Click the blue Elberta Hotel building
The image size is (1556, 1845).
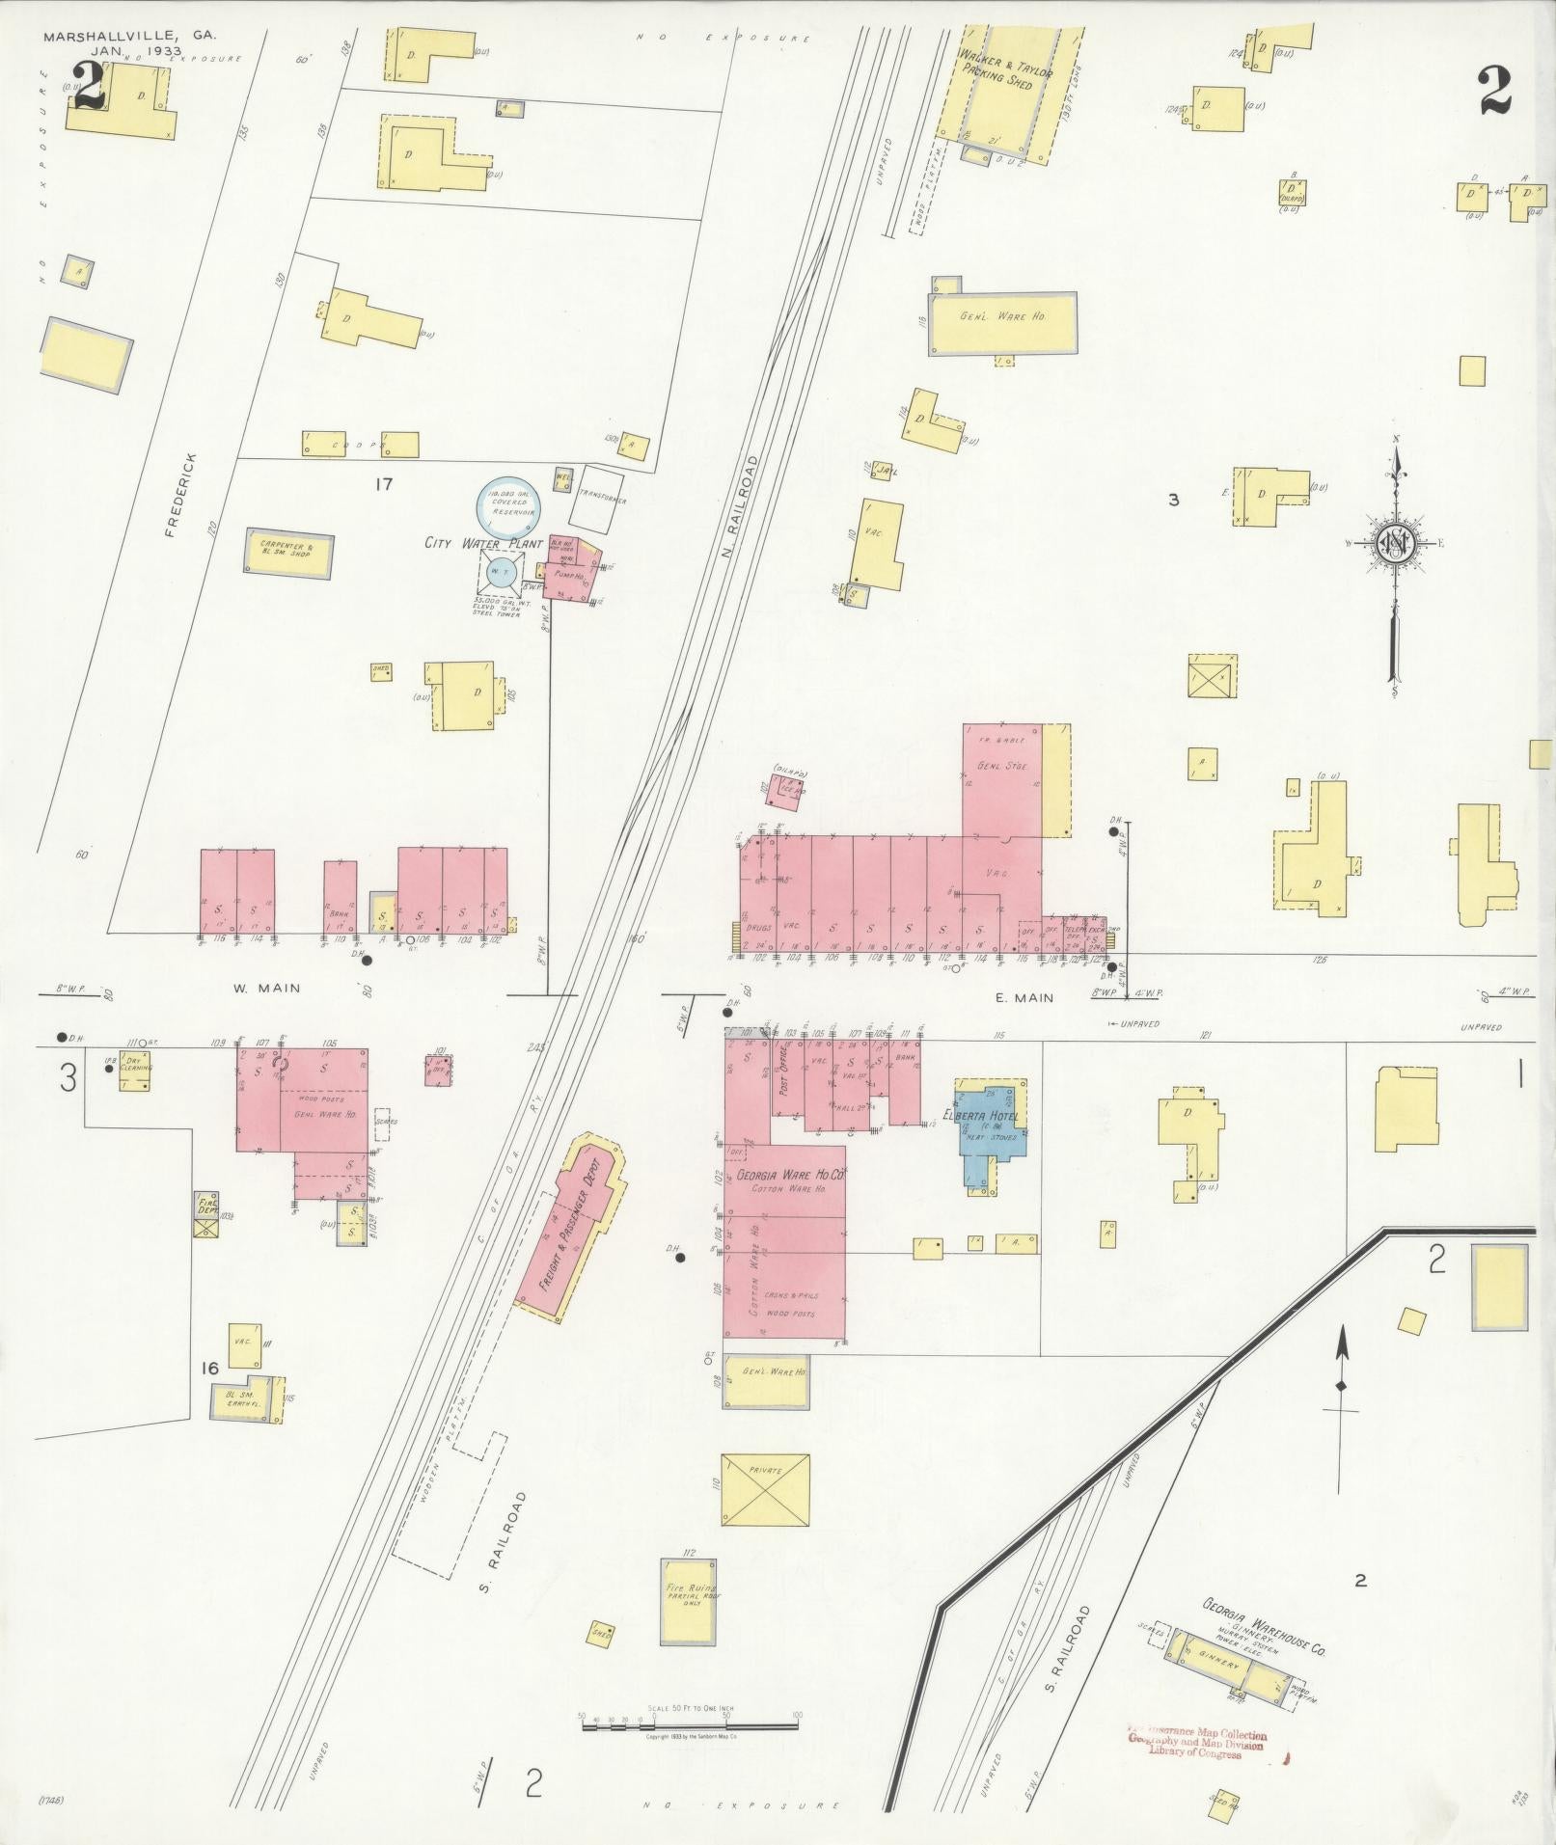990,1134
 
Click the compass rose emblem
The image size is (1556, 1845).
1395,544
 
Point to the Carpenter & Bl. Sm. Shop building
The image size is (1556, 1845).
289,552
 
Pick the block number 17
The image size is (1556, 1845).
384,484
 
